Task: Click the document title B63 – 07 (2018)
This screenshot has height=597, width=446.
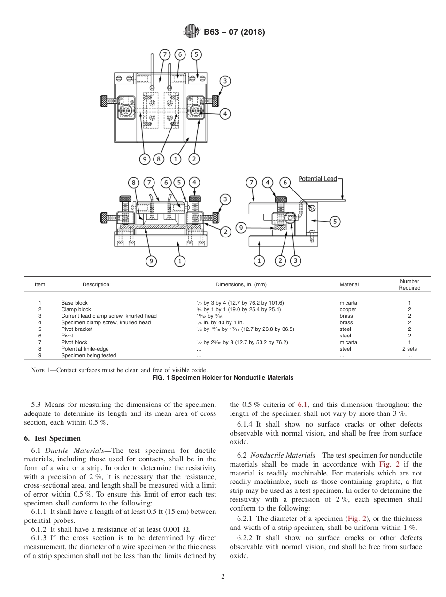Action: (234, 32)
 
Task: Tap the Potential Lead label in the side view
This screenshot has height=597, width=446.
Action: (317, 179)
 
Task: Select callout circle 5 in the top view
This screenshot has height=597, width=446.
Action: (196, 54)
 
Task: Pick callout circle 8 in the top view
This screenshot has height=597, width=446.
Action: (159, 159)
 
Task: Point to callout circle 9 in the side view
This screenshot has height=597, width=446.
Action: (241, 228)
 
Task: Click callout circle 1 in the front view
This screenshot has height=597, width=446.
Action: (179, 260)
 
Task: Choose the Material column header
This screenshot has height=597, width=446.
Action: (349, 284)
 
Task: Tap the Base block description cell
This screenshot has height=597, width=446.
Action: (74, 303)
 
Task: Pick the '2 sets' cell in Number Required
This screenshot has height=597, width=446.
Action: (409, 349)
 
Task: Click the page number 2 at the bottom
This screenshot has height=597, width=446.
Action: (223, 577)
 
